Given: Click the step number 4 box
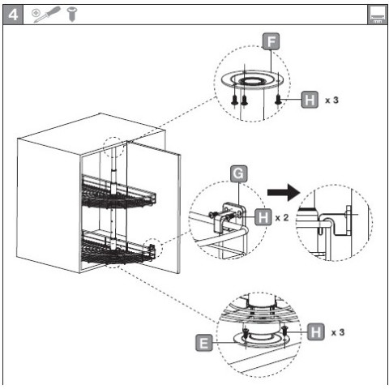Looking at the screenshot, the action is [13, 15].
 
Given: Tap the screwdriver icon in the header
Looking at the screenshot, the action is [46, 15].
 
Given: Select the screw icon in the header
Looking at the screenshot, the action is [72, 15].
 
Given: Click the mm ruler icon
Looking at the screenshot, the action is [377, 15].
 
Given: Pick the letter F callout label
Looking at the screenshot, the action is [271, 41].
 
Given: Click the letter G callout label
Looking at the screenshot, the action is [239, 173].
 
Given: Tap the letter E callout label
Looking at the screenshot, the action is [204, 343].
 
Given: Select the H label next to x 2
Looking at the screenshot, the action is [263, 217].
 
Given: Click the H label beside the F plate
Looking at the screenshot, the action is [310, 100].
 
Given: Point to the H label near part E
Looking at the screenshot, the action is [316, 331].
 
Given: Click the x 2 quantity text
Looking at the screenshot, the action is [282, 217].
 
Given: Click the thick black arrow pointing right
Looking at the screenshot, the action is [284, 193].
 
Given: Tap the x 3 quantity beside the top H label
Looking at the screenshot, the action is [332, 100].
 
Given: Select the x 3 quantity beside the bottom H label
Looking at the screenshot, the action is [338, 332].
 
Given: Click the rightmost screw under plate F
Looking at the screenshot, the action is [278, 100].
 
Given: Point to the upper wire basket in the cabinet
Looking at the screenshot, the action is [118, 192].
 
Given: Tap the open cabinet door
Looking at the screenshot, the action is [153, 207].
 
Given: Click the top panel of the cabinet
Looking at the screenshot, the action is [92, 134].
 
